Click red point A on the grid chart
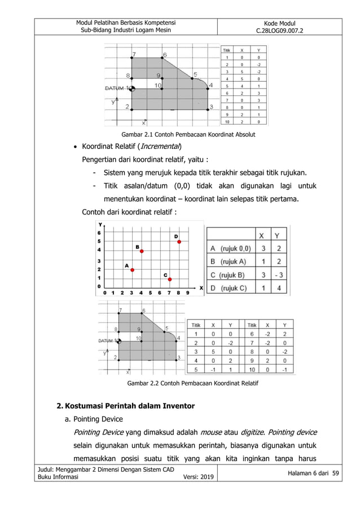(x=132, y=270)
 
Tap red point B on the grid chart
(x=142, y=251)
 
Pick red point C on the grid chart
(x=170, y=279)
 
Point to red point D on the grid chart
(x=179, y=242)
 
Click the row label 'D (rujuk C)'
(x=229, y=288)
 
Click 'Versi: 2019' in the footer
(x=198, y=479)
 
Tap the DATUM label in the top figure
(x=116, y=88)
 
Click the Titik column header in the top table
(x=226, y=50)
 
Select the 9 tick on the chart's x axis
(x=188, y=293)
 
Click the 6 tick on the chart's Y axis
(x=100, y=232)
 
